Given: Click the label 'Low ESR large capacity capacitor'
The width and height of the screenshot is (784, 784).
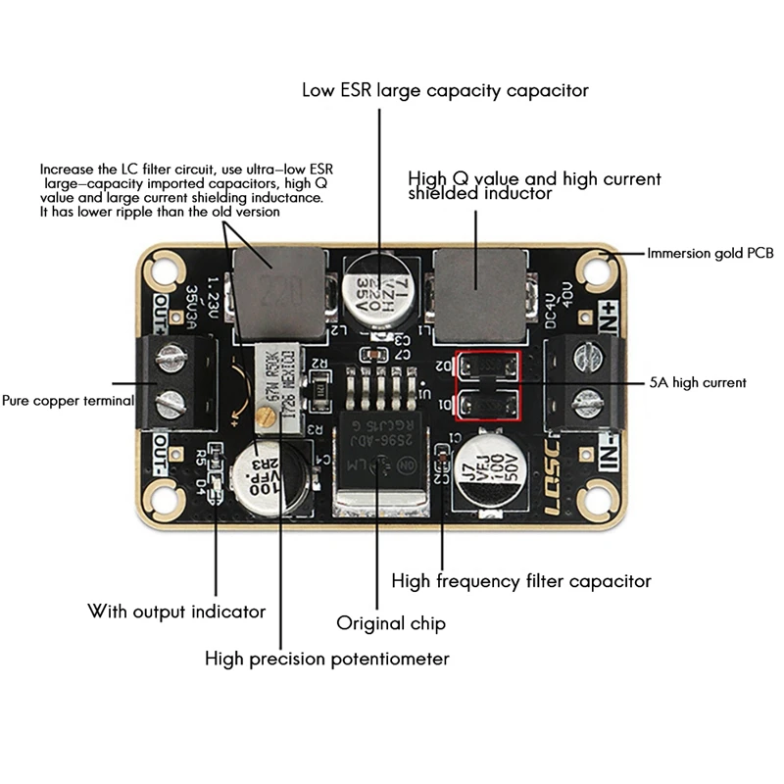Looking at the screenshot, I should click(445, 90).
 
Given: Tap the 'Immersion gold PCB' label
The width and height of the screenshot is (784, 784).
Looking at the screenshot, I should click(710, 253).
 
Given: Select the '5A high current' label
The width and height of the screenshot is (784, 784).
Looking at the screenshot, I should click(697, 382).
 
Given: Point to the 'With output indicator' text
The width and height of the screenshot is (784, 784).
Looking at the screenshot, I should click(176, 612).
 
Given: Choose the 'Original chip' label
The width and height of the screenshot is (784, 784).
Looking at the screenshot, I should click(391, 623).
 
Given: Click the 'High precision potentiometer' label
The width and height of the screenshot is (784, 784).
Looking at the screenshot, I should click(327, 658).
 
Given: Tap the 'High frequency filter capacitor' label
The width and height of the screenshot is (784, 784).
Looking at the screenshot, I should click(521, 581).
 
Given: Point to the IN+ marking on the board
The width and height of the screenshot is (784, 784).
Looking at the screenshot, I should click(607, 315).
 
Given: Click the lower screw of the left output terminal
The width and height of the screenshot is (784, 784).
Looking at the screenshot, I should click(171, 400).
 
